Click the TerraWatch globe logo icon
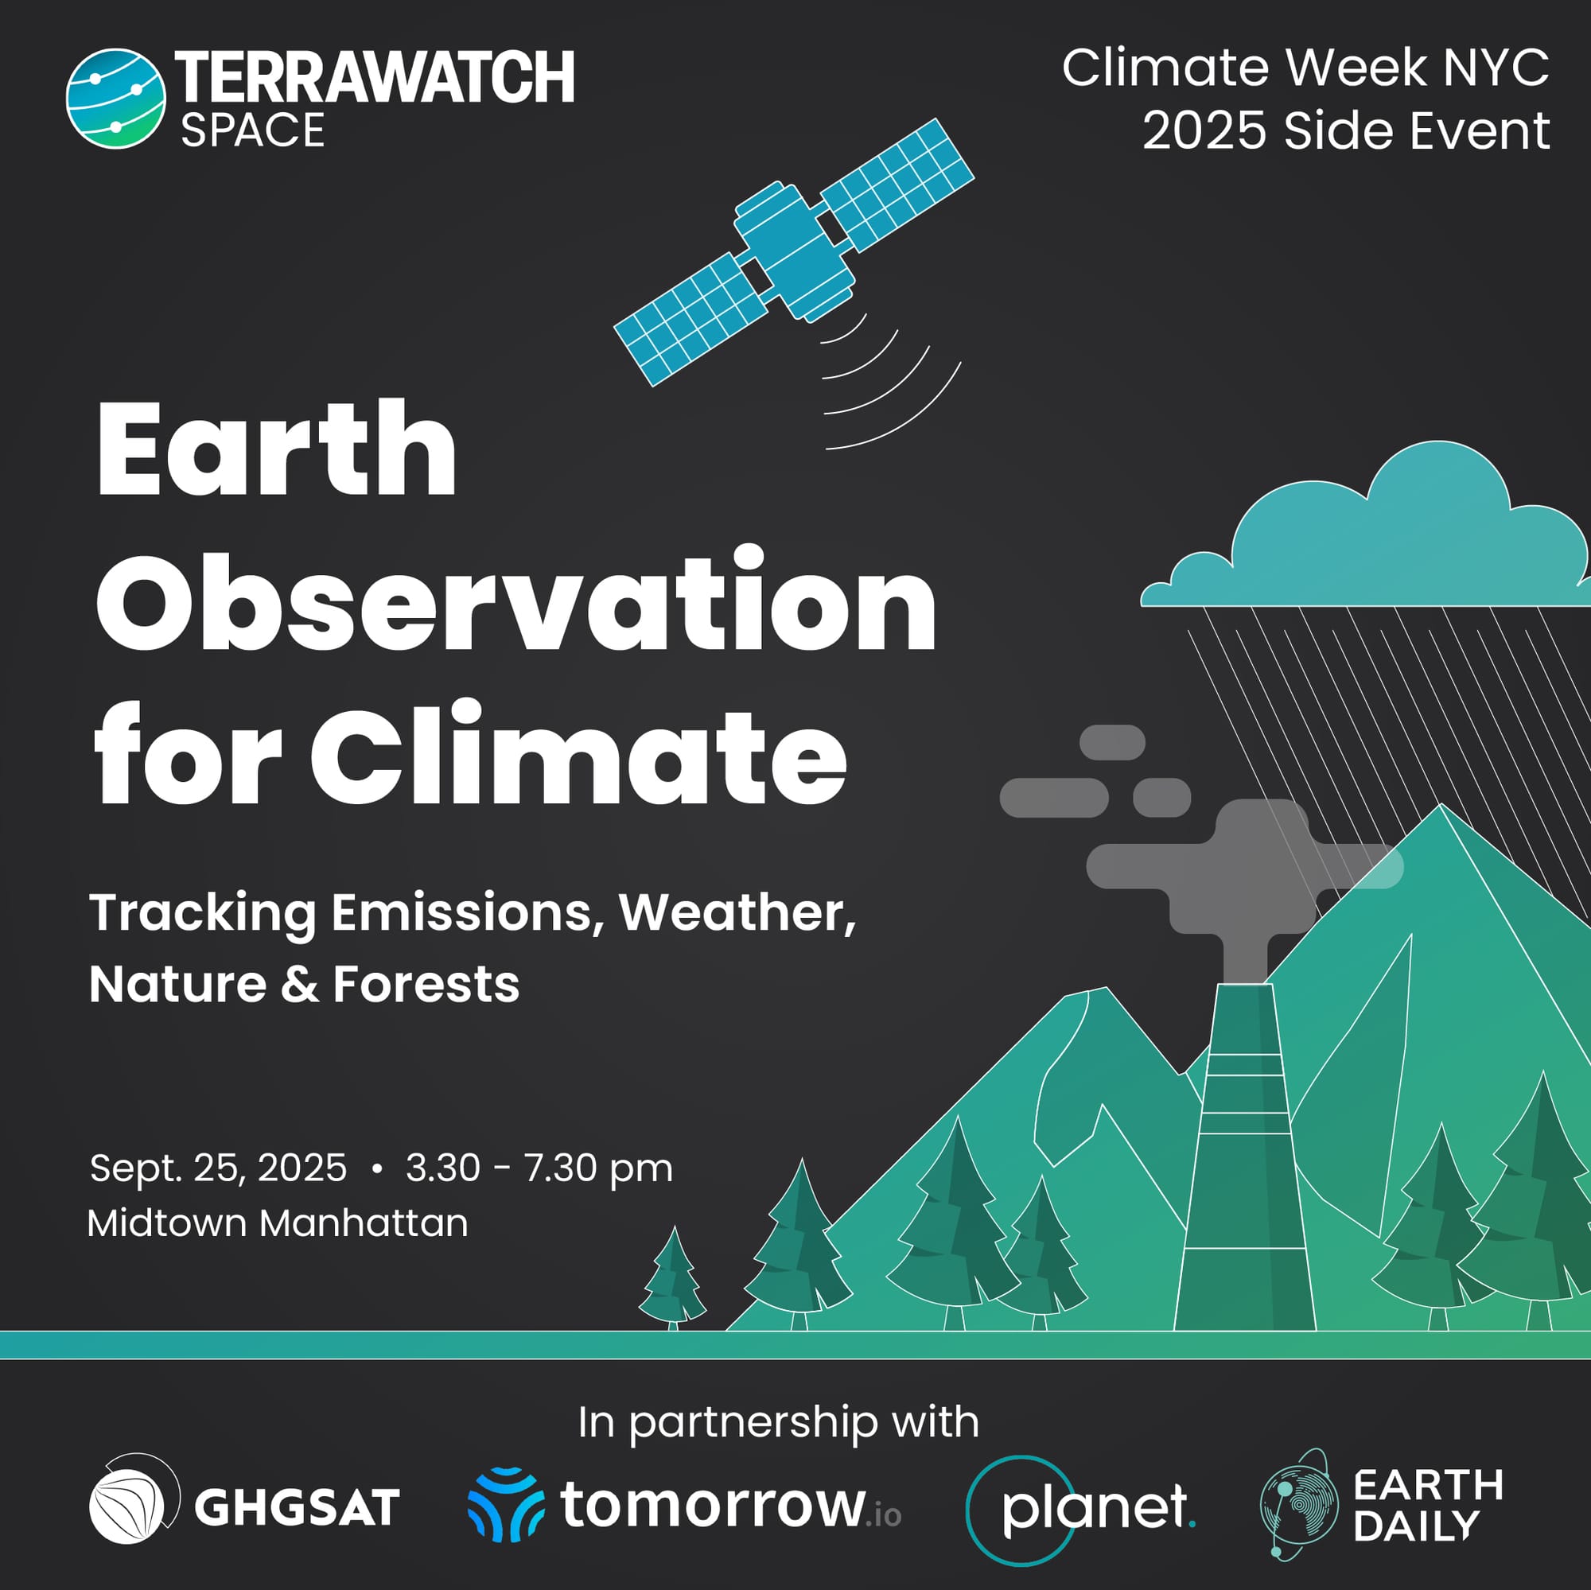click(115, 99)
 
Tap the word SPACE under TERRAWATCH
click(253, 131)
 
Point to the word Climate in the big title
click(579, 752)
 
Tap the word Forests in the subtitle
click(426, 984)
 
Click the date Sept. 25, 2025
click(218, 1168)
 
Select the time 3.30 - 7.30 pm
click(539, 1168)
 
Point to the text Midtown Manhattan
click(278, 1223)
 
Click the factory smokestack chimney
click(1244, 1157)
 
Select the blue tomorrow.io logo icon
click(506, 1504)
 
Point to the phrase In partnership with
click(778, 1423)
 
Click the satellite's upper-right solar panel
click(897, 185)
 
